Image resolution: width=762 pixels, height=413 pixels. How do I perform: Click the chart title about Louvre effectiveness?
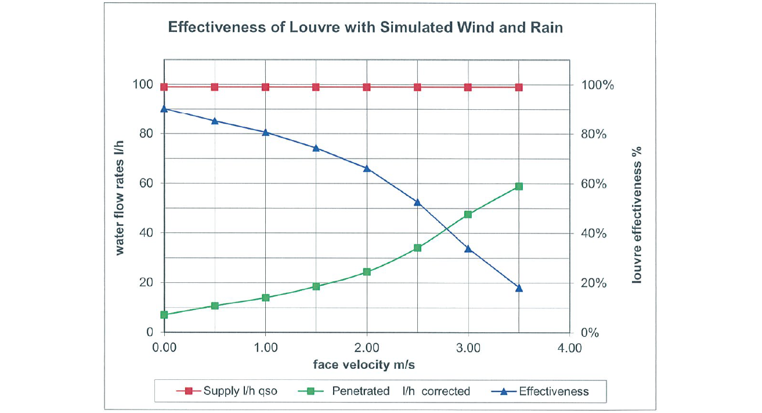click(365, 27)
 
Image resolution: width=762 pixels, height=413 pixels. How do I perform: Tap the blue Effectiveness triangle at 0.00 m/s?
click(164, 109)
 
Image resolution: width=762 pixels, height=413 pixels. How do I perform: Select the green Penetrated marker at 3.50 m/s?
click(519, 186)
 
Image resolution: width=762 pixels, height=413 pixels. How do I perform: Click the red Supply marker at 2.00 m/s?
click(367, 87)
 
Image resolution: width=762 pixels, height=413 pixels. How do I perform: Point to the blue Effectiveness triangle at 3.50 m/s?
click(519, 288)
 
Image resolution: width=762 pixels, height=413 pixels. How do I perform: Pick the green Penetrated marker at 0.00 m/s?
click(164, 315)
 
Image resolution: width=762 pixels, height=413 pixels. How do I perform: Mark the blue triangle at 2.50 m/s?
click(417, 202)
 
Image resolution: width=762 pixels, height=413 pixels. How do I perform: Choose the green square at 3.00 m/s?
click(468, 214)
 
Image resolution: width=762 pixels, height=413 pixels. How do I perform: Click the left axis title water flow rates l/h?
click(120, 197)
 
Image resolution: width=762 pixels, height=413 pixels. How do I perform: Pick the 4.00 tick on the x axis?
click(569, 349)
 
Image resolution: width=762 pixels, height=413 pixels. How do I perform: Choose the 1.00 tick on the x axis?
click(266, 349)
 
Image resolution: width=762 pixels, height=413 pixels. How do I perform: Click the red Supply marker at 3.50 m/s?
click(519, 87)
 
